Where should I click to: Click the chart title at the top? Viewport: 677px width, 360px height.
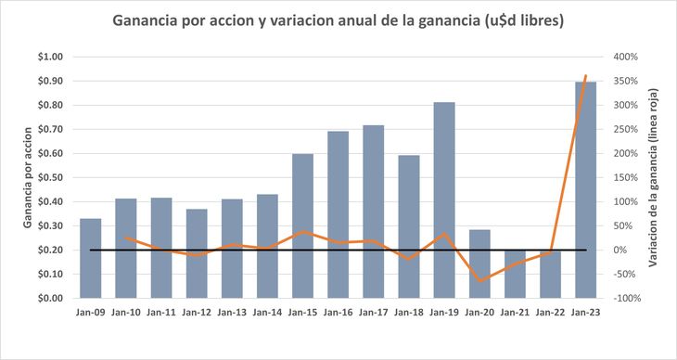(338, 19)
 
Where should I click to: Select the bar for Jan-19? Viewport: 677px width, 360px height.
(443, 199)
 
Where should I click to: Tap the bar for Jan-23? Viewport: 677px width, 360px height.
(585, 189)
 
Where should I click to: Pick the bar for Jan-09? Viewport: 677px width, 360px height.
(91, 258)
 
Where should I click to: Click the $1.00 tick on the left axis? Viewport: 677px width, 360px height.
(50, 57)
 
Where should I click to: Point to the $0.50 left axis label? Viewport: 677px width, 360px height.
(50, 177)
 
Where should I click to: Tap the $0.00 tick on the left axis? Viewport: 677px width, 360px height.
(50, 298)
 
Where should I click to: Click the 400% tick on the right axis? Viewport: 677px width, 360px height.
(623, 57)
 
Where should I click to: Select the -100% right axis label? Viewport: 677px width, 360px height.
(625, 298)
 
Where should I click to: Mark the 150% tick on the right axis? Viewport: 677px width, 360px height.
(623, 177)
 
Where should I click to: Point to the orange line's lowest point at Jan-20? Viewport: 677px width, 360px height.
(479, 280)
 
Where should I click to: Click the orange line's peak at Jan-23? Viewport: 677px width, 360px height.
(585, 76)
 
